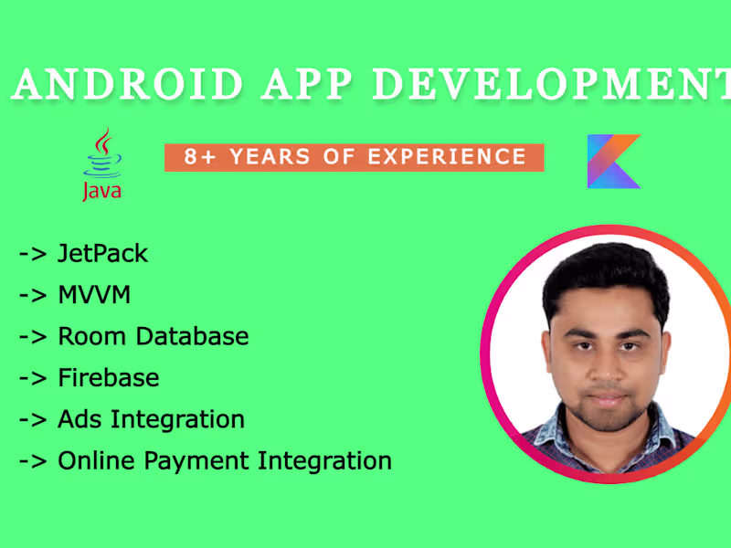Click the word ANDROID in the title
coord(129,85)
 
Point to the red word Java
coord(101,191)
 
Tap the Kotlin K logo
coord(614,161)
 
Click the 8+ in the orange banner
coord(201,157)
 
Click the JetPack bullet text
coord(102,253)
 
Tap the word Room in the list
coord(92,335)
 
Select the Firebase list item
coord(108,377)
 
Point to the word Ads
coord(80,419)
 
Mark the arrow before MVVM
coord(32,295)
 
